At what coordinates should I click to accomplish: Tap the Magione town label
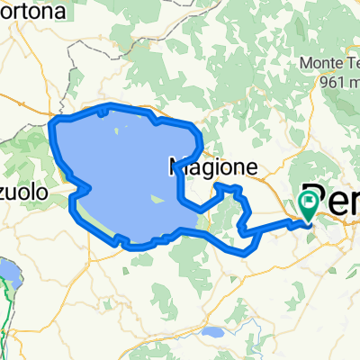[x=213, y=166]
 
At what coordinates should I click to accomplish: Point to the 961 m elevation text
[x=328, y=80]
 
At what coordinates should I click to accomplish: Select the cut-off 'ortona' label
[x=34, y=13]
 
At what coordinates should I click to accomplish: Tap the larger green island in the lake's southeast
[x=157, y=199]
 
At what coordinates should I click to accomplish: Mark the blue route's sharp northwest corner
[x=51, y=120]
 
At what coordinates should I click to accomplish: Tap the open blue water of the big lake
[x=117, y=171]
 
